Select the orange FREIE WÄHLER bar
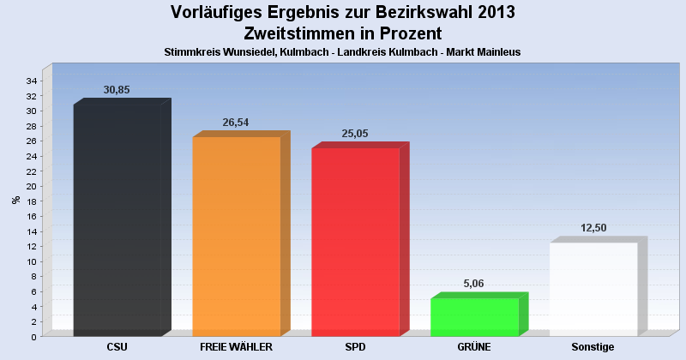pyautogui.click(x=237, y=237)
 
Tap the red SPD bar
pyautogui.click(x=355, y=242)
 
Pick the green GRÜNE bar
pyautogui.click(x=474, y=317)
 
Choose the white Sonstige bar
pyautogui.click(x=593, y=289)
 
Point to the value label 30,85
pyautogui.click(x=117, y=90)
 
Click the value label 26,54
pyautogui.click(x=235, y=123)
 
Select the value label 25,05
pyautogui.click(x=354, y=134)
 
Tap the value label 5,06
pyautogui.click(x=473, y=284)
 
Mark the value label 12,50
pyautogui.click(x=592, y=228)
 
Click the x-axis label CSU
pyautogui.click(x=117, y=347)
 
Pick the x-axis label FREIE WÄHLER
pyautogui.click(x=236, y=347)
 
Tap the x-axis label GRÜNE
pyautogui.click(x=474, y=347)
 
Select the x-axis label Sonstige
pyautogui.click(x=593, y=347)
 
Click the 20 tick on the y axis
pyautogui.click(x=31, y=187)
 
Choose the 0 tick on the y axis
pyautogui.click(x=33, y=337)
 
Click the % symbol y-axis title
pyautogui.click(x=15, y=200)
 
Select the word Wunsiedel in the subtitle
pyautogui.click(x=249, y=52)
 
